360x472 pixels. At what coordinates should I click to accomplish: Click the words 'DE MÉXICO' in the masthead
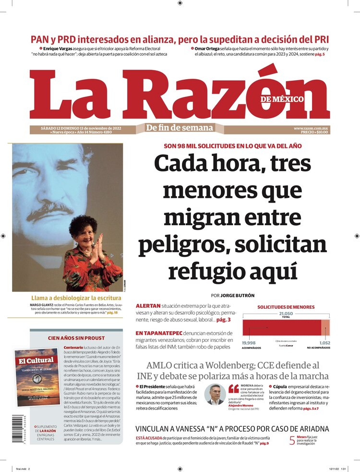coord(282,99)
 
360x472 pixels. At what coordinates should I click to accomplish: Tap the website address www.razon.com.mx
coord(311,128)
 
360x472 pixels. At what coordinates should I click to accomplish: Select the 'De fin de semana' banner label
coord(180,128)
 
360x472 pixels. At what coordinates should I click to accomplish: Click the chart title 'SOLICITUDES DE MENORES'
coord(286,307)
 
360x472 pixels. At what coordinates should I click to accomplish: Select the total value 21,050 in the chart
coord(286,314)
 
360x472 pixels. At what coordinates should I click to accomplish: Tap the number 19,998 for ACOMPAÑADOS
coord(249,342)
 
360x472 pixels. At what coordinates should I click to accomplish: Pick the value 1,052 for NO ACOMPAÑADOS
coord(325,342)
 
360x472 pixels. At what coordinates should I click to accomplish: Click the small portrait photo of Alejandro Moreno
coord(215,394)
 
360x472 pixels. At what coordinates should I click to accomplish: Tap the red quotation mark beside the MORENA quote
coord(234,388)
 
